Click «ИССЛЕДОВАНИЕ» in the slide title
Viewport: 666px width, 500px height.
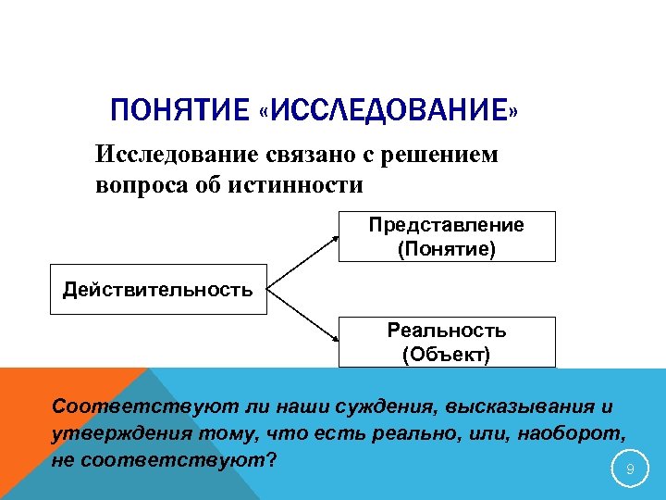pyautogui.click(x=388, y=114)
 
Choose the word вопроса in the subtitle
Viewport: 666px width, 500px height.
pyautogui.click(x=135, y=185)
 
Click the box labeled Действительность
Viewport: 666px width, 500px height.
pyautogui.click(x=157, y=291)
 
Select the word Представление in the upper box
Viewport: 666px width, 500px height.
pyautogui.click(x=446, y=225)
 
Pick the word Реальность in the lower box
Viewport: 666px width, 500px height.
pyautogui.click(x=446, y=331)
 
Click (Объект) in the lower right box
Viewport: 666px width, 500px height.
pyautogui.click(x=446, y=354)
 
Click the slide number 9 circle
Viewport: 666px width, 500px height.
pyautogui.click(x=630, y=470)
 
